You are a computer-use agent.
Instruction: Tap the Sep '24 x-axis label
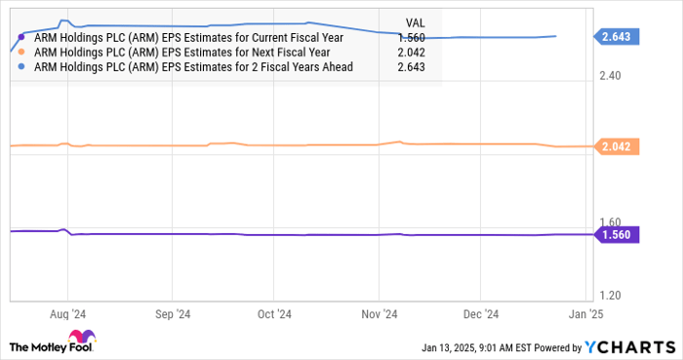coord(171,314)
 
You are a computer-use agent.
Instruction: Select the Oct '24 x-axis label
coord(274,314)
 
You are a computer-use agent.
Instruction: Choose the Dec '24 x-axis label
coord(481,314)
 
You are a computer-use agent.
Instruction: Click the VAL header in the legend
coord(413,22)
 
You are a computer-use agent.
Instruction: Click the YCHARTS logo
coord(629,346)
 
